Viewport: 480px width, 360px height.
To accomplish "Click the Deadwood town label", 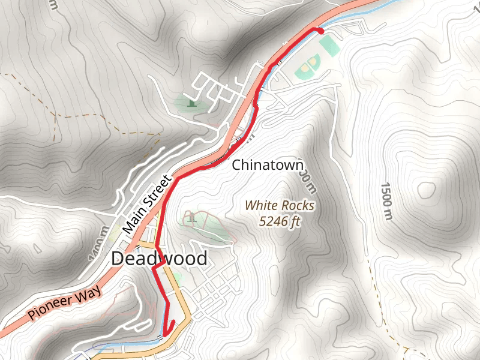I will [x=160, y=259].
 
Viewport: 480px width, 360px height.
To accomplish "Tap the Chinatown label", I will [x=268, y=165].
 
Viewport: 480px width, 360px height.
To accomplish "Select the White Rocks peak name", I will [x=280, y=206].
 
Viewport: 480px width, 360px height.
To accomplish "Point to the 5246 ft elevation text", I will [x=280, y=221].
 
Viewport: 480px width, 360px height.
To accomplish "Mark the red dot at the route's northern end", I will [x=320, y=31].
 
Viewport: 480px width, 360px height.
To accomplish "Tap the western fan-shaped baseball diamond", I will [x=304, y=71].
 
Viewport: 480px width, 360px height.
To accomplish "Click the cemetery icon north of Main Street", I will [x=191, y=103].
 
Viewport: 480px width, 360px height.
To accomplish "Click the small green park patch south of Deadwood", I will [x=176, y=277].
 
